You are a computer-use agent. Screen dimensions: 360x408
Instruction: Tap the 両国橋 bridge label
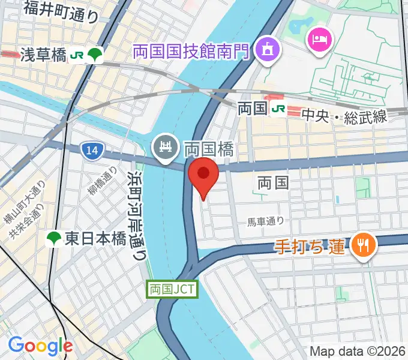[208, 148]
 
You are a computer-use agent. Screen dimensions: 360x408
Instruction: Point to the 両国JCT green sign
[172, 289]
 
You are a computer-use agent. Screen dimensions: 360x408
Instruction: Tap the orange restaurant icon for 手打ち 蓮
[363, 244]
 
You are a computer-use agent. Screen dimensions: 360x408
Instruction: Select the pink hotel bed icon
[318, 40]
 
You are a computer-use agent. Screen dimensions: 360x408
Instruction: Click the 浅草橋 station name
[43, 56]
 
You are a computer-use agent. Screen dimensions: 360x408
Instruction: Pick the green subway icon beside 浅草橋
[95, 56]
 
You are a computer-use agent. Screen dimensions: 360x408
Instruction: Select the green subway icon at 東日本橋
[54, 239]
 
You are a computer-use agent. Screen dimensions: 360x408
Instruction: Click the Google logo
[40, 345]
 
